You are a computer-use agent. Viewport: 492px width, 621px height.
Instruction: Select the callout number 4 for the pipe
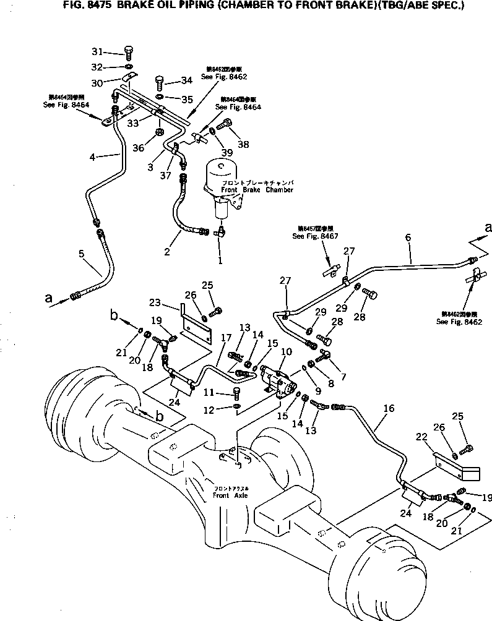[92, 157]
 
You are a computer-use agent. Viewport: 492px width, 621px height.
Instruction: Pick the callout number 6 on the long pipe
[408, 237]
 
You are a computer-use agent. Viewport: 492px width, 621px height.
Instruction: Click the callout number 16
[387, 408]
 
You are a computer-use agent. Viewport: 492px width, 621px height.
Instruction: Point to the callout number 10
[286, 351]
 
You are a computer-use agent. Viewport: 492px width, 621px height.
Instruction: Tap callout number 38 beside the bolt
[243, 145]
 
